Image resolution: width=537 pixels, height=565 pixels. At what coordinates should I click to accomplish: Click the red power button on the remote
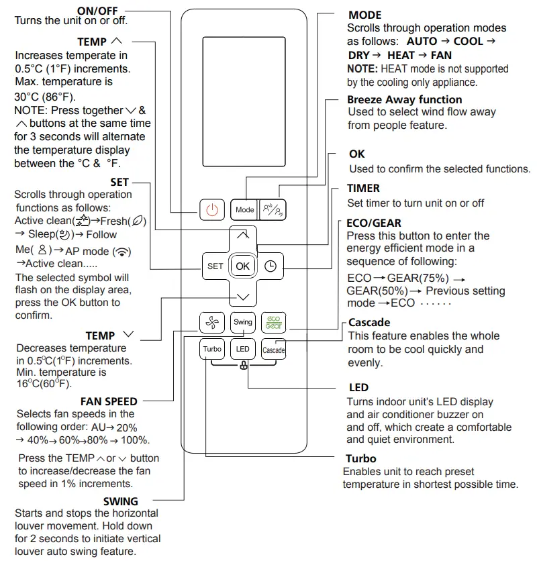click(212, 209)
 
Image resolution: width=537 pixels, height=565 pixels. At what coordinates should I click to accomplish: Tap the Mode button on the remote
click(244, 209)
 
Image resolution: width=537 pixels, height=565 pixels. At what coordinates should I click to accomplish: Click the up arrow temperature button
click(243, 235)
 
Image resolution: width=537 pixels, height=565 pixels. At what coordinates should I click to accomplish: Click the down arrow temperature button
click(243, 296)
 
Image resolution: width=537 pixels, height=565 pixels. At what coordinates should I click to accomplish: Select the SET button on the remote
click(215, 266)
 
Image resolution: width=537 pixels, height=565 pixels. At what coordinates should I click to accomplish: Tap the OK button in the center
click(243, 266)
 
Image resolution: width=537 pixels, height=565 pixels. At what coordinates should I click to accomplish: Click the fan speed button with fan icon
click(212, 322)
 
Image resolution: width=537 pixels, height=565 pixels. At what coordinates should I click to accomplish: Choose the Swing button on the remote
click(243, 322)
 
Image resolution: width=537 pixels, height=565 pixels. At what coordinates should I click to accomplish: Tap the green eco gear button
click(273, 322)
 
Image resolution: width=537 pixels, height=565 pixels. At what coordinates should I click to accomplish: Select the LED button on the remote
click(243, 349)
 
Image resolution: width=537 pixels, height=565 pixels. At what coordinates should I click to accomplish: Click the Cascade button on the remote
click(273, 350)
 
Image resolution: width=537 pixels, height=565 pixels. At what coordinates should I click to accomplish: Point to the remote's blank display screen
click(243, 101)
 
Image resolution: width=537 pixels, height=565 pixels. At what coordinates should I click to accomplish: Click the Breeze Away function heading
click(404, 99)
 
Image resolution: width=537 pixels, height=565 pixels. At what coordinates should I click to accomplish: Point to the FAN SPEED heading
click(109, 401)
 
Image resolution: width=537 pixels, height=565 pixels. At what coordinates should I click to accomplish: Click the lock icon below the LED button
click(243, 366)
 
